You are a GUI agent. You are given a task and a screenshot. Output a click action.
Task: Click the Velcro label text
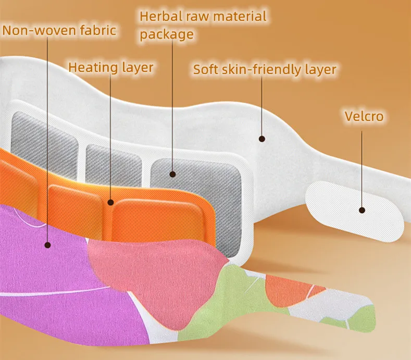pos(364,116)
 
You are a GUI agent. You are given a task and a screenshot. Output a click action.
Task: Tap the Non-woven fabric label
pos(59,30)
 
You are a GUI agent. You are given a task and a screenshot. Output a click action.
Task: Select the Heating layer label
pos(111,67)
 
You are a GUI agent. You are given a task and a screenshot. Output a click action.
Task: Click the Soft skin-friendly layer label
pos(265,69)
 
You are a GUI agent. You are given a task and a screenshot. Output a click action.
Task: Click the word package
pos(167,34)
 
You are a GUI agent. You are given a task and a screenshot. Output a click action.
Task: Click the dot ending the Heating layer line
pos(111,202)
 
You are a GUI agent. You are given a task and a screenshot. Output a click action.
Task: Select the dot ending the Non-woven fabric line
pos(47,244)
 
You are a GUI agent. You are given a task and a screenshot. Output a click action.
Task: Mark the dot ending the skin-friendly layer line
pos(262,139)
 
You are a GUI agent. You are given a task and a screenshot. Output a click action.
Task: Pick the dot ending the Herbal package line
pos(173,175)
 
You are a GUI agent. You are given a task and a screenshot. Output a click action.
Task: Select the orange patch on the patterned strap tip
pos(292,289)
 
